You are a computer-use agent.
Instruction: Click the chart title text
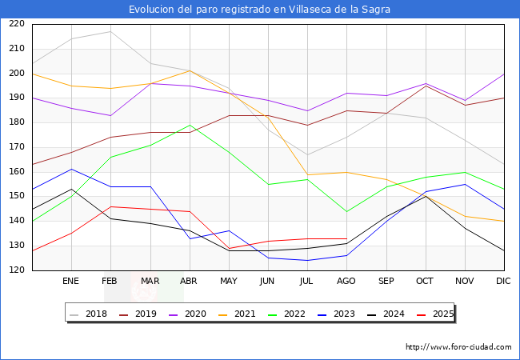click(260, 10)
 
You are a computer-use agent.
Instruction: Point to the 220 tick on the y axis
click(17, 24)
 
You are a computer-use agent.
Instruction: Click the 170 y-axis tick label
click(17, 147)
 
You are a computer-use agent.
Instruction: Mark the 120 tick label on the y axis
click(17, 270)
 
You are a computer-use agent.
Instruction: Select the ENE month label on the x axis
click(71, 282)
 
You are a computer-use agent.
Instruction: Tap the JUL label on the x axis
click(307, 282)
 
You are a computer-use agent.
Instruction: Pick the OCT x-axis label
click(426, 282)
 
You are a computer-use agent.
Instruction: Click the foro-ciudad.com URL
click(458, 347)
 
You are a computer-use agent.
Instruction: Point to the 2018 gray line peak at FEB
click(110, 31)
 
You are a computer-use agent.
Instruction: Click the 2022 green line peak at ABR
click(190, 125)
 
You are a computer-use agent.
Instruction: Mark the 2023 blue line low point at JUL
click(307, 260)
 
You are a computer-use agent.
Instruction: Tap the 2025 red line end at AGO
click(346, 238)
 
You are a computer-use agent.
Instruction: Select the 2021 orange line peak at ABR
click(190, 70)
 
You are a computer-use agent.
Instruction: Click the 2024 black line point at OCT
click(426, 196)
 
